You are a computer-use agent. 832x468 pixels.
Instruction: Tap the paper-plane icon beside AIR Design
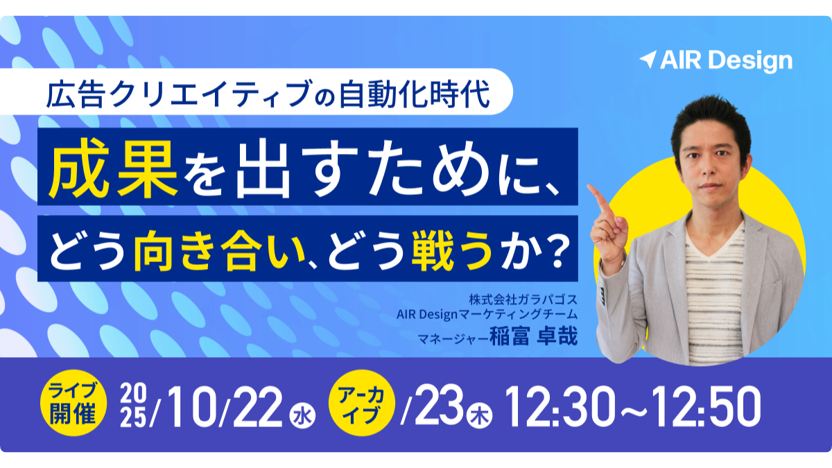coord(648,60)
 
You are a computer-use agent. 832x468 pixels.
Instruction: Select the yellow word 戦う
coord(452,249)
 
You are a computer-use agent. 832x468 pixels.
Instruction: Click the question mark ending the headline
coord(556,250)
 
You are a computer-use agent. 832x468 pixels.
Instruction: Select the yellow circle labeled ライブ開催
coord(73,403)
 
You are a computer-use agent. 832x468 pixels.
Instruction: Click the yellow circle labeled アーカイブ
coord(362,403)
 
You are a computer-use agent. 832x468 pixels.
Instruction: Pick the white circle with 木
coord(480,415)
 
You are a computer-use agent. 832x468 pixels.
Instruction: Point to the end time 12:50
coord(706,406)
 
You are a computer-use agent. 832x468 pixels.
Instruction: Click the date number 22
coord(257,406)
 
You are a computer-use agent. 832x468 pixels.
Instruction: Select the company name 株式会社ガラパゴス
coord(523,299)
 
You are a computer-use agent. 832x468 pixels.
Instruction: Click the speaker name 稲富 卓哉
coord(533,336)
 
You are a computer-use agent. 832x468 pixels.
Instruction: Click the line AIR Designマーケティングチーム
coord(487,315)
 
